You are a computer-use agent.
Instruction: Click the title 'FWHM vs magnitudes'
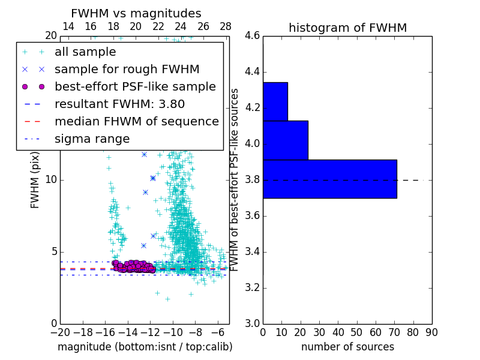click(x=136, y=14)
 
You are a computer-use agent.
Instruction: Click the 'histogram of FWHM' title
click(x=347, y=28)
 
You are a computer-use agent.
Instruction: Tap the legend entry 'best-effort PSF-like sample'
click(x=135, y=86)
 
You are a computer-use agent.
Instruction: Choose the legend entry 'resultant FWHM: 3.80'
click(x=119, y=104)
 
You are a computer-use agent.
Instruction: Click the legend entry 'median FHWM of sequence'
click(x=137, y=121)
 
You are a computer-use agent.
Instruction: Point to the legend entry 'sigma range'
click(x=92, y=139)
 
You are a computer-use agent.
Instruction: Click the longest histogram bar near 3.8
click(x=329, y=179)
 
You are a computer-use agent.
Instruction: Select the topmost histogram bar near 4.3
click(x=275, y=101)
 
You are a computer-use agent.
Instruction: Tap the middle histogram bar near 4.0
click(x=285, y=140)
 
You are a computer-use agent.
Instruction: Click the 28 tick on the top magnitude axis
click(x=226, y=26)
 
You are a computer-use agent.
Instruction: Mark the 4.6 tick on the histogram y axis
click(x=253, y=36)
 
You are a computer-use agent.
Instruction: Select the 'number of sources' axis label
click(x=347, y=347)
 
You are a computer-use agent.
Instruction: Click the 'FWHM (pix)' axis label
click(x=35, y=180)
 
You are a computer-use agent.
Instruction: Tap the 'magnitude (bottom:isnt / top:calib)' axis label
click(x=145, y=347)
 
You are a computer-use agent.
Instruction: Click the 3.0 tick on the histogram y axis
click(x=253, y=323)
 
